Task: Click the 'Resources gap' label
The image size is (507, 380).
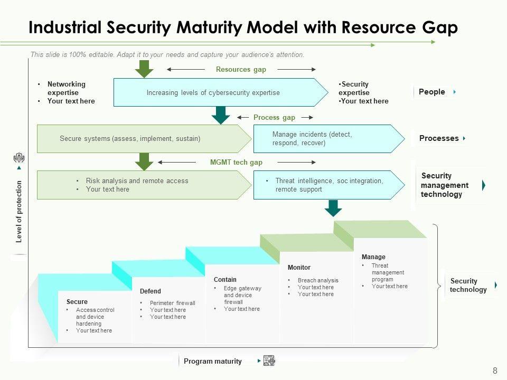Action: [241, 69]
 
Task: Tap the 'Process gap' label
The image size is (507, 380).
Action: [274, 117]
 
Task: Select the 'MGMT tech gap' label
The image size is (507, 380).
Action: [236, 163]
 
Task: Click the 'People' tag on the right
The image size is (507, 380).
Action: [432, 92]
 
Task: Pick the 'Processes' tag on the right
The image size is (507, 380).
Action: [439, 138]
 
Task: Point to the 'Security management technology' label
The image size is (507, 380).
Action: [445, 185]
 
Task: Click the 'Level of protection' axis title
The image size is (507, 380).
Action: [19, 211]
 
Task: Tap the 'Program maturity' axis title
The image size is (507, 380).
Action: [213, 362]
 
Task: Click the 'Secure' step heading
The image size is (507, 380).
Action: [77, 302]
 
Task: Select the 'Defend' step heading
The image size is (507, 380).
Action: [151, 291]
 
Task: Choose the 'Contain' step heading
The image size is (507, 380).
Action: [225, 280]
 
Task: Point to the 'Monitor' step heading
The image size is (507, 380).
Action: [299, 268]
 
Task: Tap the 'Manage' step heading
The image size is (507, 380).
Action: [373, 257]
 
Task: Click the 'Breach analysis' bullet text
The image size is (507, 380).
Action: [318, 280]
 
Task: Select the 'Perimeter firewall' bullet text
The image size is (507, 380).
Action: [173, 303]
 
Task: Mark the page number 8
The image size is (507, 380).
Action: [495, 370]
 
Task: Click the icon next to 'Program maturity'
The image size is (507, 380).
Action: [269, 361]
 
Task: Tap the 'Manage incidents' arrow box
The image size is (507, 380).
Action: [327, 139]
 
